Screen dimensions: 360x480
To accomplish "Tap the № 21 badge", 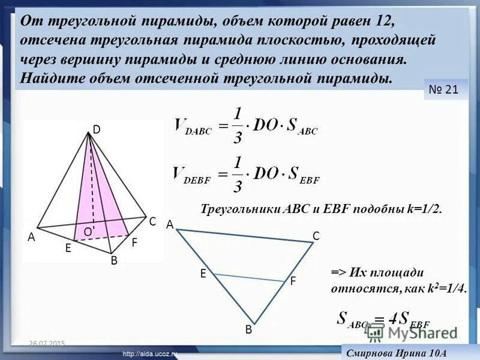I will [x=444, y=90].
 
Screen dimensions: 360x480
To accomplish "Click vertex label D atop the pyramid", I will [x=96, y=129].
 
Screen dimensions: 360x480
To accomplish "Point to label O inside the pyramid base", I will [x=88, y=232].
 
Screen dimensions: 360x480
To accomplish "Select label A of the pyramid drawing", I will [x=31, y=237].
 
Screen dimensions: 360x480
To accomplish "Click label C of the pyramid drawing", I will [x=152, y=221].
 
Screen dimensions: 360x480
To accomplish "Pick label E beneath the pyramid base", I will [x=68, y=247].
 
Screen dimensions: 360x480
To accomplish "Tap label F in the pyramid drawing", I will [x=134, y=243].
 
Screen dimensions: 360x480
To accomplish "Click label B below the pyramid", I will [x=113, y=261].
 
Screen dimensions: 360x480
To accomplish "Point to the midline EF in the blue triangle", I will [x=249, y=277].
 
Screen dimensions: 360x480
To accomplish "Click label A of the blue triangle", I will [x=170, y=224].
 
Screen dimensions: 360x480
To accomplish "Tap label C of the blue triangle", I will [x=316, y=236].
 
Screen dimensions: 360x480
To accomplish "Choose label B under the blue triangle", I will [x=248, y=330].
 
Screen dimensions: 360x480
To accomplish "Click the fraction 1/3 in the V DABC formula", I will [x=238, y=125].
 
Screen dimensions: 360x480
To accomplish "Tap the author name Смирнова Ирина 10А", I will [x=395, y=353].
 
